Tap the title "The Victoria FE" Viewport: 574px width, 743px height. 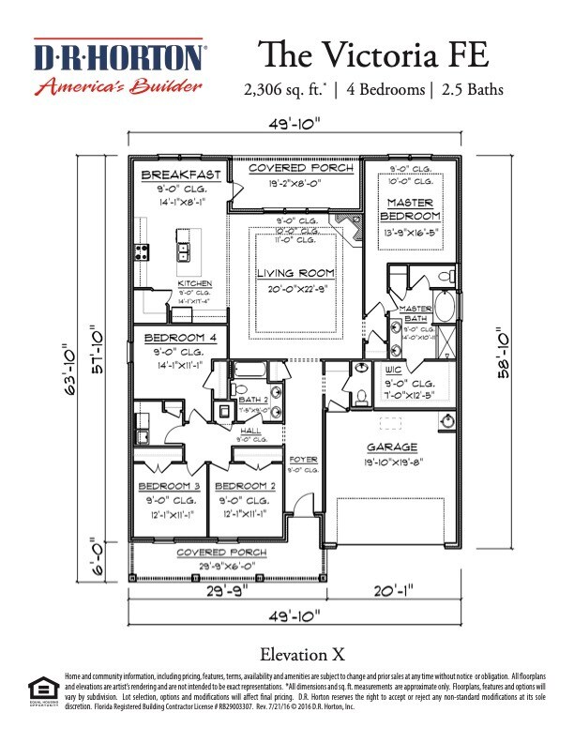[371, 53]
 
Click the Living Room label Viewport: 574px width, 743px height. [296, 273]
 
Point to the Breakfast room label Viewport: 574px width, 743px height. [181, 174]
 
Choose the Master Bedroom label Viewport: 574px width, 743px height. [408, 208]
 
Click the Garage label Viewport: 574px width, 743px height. [392, 447]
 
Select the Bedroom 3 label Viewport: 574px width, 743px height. [170, 486]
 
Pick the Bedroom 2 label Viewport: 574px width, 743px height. [245, 486]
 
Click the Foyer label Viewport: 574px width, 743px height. [302, 460]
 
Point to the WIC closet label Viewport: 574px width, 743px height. [394, 371]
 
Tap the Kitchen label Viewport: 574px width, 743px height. [195, 282]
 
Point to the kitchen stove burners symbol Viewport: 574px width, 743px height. [143, 250]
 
